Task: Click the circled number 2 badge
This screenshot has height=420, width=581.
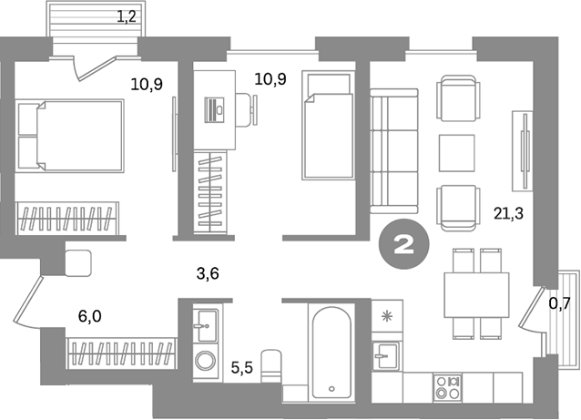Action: (404, 244)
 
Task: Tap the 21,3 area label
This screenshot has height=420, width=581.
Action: (508, 213)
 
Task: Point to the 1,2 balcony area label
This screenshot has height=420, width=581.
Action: (127, 17)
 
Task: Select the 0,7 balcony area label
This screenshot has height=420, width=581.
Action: (559, 304)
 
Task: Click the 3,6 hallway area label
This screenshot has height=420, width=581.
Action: (208, 273)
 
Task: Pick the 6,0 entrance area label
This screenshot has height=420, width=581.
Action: (89, 316)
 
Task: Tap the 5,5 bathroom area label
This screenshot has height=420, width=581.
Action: (242, 368)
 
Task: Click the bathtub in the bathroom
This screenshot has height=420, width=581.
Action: (331, 353)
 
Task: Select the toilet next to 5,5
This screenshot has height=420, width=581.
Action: (271, 365)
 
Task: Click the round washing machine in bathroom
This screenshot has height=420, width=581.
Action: (204, 360)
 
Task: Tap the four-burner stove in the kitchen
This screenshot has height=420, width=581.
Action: (448, 387)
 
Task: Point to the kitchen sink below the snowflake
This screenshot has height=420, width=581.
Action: (386, 355)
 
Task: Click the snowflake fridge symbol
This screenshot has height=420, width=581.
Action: (387, 316)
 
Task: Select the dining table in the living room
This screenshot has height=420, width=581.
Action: (476, 294)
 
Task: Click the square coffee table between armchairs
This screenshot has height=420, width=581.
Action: (456, 153)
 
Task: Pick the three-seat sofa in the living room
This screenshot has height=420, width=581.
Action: (394, 151)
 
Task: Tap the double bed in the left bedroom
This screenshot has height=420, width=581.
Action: (70, 136)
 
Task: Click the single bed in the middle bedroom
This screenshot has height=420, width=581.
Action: (328, 126)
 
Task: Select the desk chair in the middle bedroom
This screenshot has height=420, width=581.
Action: (247, 110)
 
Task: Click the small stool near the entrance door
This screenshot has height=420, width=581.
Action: (78, 262)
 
